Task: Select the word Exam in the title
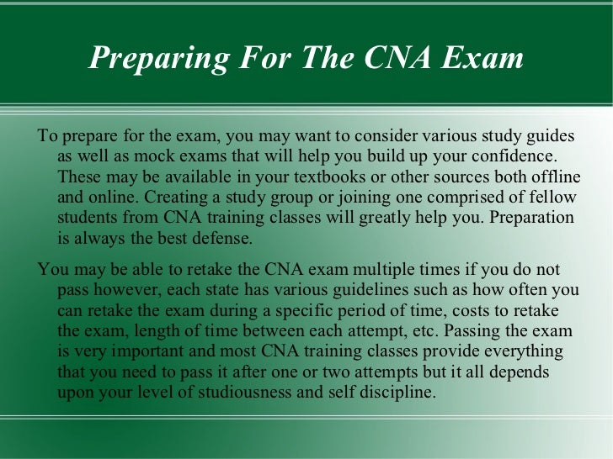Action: pos(484,58)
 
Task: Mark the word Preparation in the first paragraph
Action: pos(532,218)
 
